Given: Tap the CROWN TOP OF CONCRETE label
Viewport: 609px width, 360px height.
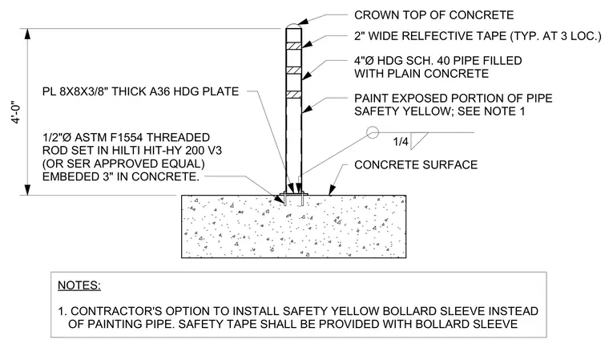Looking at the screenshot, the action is (434, 15).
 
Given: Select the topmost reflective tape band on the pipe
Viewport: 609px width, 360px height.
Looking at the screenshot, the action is (293, 45).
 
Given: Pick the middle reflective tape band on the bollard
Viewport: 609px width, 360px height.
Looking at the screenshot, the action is (293, 71).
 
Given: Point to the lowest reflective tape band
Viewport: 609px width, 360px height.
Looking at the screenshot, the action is (293, 95).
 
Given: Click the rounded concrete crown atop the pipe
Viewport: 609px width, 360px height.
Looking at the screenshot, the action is (293, 26).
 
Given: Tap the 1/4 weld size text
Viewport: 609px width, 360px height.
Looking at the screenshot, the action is (401, 141).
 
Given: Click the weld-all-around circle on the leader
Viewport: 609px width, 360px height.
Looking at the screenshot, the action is (373, 132).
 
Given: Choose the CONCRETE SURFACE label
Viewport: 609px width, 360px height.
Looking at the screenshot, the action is (416, 165).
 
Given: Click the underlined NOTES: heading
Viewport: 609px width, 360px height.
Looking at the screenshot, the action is (79, 285).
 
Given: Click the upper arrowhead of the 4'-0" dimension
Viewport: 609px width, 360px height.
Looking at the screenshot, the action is (27, 34).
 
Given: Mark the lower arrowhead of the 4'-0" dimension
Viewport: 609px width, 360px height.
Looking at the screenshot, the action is (27, 189).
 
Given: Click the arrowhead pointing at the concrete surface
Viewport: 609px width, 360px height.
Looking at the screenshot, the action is (332, 190).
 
